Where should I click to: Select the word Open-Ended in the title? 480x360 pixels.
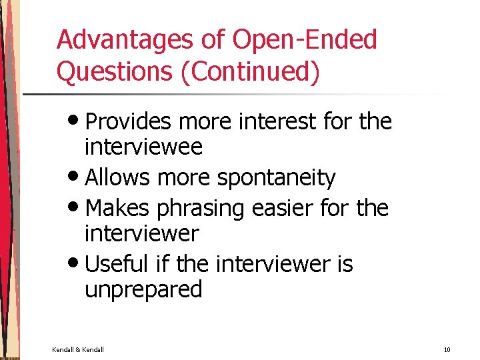(305, 41)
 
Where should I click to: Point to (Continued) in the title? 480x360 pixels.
(250, 72)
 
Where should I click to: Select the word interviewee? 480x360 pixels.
(143, 147)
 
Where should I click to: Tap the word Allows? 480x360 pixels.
(118, 178)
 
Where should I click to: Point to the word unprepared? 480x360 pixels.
(143, 290)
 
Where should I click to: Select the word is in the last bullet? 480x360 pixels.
(345, 264)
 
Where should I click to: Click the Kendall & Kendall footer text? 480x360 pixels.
(78, 349)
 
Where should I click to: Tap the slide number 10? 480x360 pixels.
(447, 349)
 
